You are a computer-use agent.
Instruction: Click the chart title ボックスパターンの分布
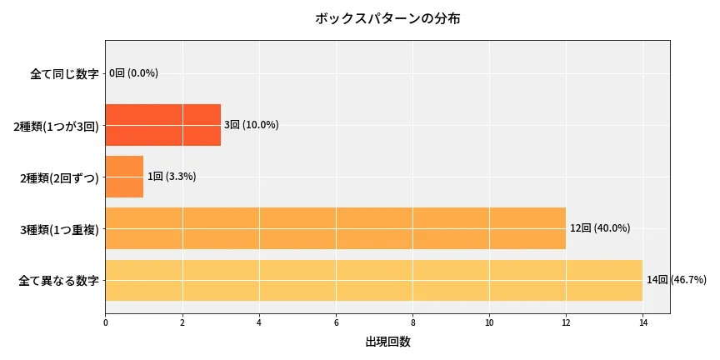tap(387, 18)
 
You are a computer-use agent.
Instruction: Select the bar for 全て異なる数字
tap(373, 280)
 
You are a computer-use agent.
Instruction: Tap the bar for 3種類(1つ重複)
tap(335, 228)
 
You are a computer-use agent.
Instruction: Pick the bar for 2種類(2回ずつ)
tap(124, 177)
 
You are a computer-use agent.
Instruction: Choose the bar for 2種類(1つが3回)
tap(162, 125)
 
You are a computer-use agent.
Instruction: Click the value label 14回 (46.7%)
tap(676, 280)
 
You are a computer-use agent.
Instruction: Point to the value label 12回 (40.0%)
tap(599, 228)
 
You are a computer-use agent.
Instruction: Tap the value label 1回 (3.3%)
tap(172, 177)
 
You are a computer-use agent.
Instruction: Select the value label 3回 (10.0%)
tap(251, 125)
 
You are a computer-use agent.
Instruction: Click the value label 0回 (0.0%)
tap(133, 73)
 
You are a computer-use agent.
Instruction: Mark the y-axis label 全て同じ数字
tap(64, 74)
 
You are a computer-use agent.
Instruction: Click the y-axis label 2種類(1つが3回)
tap(56, 126)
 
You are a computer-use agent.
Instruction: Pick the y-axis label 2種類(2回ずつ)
tap(59, 177)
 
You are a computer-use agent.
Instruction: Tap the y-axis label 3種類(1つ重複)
tap(59, 229)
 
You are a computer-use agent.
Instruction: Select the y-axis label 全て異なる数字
tap(58, 281)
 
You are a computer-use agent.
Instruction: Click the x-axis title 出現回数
tap(387, 342)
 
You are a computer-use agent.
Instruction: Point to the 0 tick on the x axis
tap(106, 322)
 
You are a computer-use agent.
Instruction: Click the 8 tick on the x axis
tap(412, 322)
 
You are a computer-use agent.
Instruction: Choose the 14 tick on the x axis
tap(642, 322)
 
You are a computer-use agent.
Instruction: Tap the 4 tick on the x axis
tap(259, 322)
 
